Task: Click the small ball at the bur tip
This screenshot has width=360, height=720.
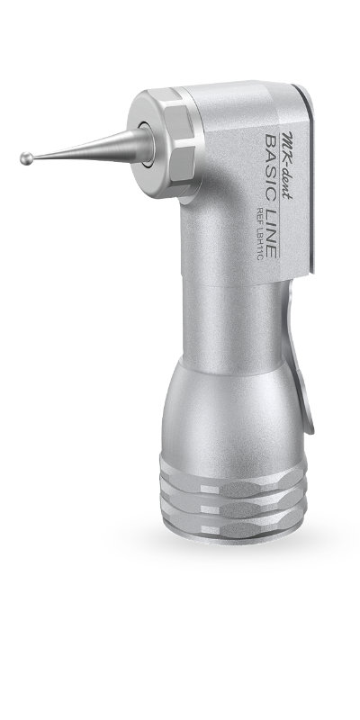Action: (26, 159)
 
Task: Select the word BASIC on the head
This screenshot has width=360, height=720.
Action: (272, 166)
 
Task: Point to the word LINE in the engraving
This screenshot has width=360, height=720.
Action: (272, 233)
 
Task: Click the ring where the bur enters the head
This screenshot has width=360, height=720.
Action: (145, 143)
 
